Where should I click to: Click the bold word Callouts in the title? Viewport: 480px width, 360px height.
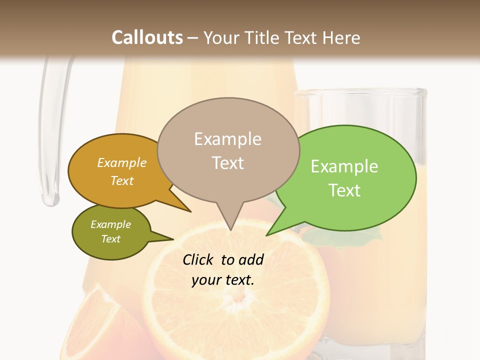[x=147, y=38]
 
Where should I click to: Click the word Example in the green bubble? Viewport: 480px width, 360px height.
[x=344, y=166]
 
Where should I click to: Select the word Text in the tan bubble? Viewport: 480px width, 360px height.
[x=228, y=163]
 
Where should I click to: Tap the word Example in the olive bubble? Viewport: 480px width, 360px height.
[x=111, y=224]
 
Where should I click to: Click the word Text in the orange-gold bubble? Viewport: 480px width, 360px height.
[x=122, y=181]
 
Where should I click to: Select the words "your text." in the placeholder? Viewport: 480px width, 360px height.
[x=223, y=280]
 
